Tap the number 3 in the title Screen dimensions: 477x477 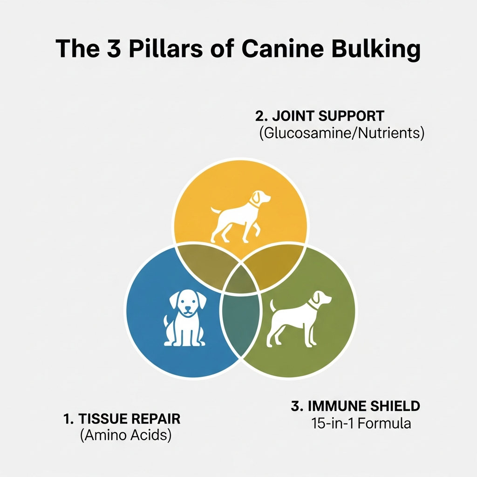tap(110, 48)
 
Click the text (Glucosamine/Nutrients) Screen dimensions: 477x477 tap(341, 133)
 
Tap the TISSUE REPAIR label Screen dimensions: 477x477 tap(122, 418)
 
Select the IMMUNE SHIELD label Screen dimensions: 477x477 tap(355, 406)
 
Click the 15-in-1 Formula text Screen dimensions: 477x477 tap(361, 424)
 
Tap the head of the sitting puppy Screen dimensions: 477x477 tap(187, 303)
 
